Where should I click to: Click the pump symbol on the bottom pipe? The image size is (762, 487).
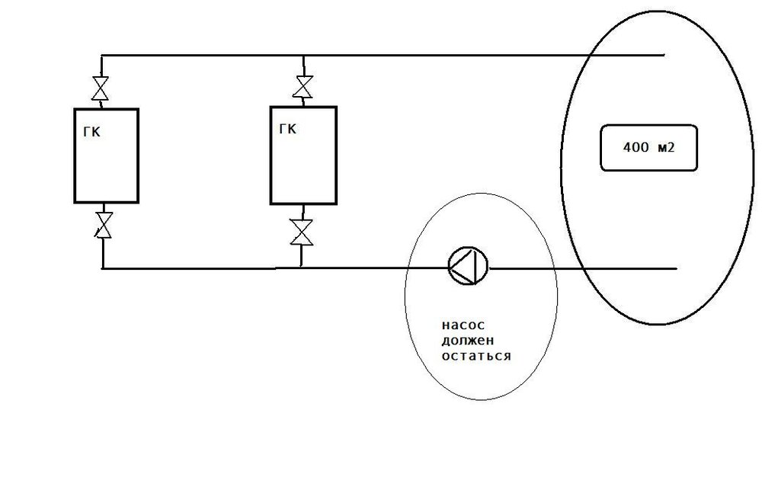[468, 266]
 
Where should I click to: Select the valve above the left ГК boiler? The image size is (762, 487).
[100, 88]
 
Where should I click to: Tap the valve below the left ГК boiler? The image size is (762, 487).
[103, 225]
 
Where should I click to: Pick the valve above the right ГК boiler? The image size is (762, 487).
[303, 87]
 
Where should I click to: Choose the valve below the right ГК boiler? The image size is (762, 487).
[301, 232]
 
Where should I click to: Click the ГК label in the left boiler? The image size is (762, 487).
[92, 132]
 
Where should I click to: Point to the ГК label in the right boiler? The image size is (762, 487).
[288, 129]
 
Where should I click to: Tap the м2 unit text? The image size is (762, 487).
[666, 147]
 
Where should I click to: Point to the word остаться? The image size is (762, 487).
[476, 356]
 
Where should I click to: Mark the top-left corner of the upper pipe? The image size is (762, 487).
[101, 56]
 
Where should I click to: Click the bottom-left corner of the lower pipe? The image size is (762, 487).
[103, 268]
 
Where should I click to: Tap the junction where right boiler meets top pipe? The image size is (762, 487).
[304, 56]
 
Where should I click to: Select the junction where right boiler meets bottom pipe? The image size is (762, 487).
[301, 268]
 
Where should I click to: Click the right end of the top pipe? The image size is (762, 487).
[664, 55]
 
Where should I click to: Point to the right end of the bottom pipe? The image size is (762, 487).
[677, 268]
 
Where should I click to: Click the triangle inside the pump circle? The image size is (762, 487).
[463, 266]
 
